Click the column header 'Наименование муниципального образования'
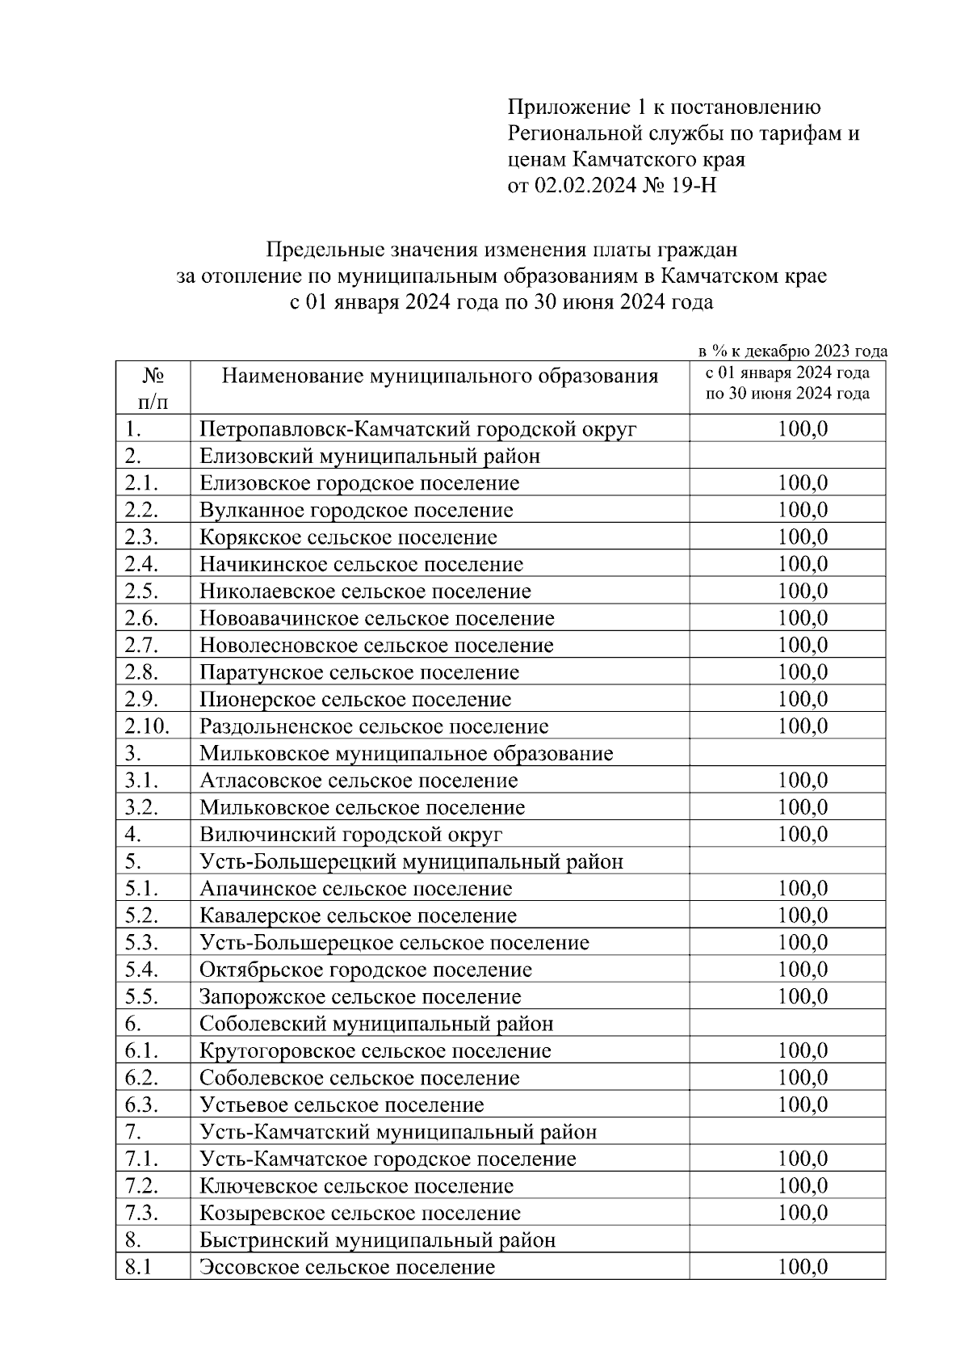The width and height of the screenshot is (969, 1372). click(x=440, y=377)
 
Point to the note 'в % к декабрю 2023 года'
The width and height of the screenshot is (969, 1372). click(x=792, y=351)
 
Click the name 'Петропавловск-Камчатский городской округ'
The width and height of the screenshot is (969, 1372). click(x=418, y=429)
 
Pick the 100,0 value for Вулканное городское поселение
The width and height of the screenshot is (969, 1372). click(x=803, y=510)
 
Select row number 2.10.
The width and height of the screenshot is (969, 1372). click(x=147, y=726)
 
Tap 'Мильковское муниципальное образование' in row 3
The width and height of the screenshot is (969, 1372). click(x=406, y=754)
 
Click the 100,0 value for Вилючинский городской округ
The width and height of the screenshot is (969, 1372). click(x=803, y=834)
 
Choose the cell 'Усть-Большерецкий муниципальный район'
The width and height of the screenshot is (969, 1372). click(x=412, y=861)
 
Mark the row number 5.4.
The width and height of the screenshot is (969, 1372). click(x=141, y=970)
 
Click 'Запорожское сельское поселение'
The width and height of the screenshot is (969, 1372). click(x=360, y=997)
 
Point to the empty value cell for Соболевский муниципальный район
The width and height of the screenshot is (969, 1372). click(x=787, y=1024)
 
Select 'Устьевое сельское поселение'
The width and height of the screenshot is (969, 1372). click(x=342, y=1105)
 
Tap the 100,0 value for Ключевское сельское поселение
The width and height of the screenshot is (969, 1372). click(x=803, y=1185)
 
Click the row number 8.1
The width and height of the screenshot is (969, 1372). click(x=138, y=1267)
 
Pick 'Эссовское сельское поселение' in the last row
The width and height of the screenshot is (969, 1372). click(x=347, y=1267)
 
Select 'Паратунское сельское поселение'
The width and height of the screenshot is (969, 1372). click(x=359, y=672)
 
